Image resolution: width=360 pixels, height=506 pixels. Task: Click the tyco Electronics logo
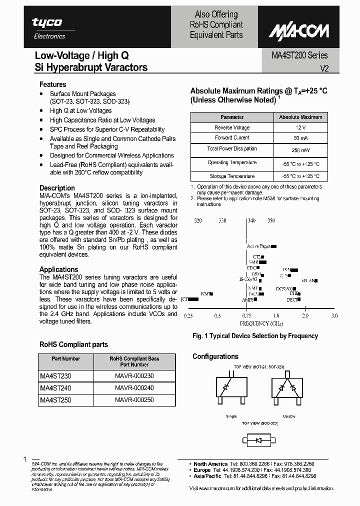(48, 28)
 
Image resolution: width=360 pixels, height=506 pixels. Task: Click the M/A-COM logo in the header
(299, 31)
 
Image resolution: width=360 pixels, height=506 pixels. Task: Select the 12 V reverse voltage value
(300, 127)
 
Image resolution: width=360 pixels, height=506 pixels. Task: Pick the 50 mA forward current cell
(300, 137)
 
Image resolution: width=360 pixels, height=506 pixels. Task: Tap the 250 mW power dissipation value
(300, 150)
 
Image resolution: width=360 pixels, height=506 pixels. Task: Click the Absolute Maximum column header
(300, 117)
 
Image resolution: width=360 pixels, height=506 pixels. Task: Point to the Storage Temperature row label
(232, 176)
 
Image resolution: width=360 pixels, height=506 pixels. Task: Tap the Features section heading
(52, 84)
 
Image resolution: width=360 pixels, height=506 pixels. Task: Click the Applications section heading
(58, 269)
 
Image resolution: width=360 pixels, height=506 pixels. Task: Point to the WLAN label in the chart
(309, 280)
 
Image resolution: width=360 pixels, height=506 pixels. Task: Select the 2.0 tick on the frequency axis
(305, 316)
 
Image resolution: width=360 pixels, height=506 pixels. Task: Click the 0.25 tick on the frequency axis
(188, 316)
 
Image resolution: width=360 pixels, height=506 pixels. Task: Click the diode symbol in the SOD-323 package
(259, 440)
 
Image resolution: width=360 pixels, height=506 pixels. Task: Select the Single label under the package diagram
(231, 415)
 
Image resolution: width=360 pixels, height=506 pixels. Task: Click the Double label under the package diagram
(288, 415)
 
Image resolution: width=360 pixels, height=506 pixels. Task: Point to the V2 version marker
(323, 68)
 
